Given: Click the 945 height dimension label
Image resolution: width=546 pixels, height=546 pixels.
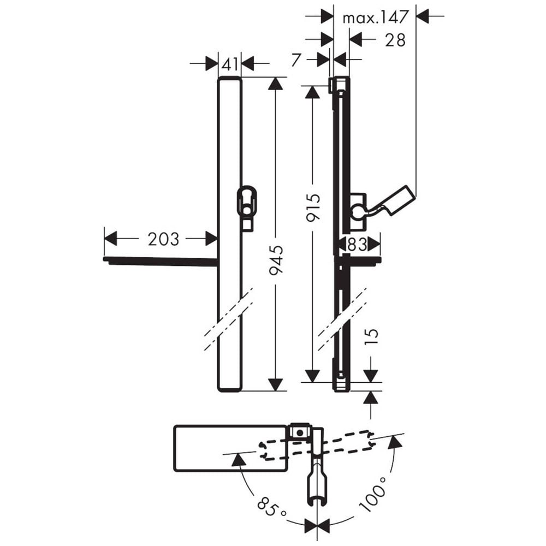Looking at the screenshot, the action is tap(277, 259).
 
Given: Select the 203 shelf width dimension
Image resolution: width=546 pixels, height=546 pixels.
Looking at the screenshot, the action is tap(163, 239).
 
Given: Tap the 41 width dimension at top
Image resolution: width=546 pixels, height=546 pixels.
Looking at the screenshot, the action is tap(230, 64).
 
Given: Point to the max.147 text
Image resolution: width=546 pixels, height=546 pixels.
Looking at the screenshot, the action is tap(375, 17).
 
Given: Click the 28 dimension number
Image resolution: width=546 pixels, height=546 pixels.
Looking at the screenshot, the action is tap(395, 40).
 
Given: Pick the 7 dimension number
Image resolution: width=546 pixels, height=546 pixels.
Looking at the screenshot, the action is tap(295, 60).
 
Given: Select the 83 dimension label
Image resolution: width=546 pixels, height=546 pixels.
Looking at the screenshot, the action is tap(357, 244).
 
